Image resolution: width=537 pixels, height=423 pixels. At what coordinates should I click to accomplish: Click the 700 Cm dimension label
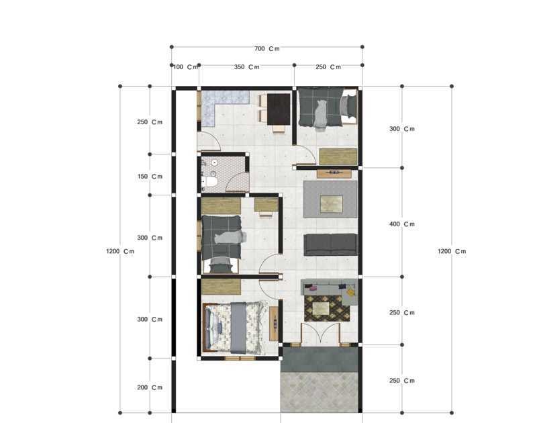(266, 48)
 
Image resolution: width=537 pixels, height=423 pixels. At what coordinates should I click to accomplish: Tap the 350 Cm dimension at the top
(246, 67)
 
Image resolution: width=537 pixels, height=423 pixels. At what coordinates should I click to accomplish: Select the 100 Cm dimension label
(185, 67)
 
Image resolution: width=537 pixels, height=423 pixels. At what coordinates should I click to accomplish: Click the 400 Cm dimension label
(402, 224)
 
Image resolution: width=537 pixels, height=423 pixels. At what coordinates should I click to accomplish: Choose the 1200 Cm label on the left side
(120, 251)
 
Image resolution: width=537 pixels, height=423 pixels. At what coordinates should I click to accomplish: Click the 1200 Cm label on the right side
(451, 251)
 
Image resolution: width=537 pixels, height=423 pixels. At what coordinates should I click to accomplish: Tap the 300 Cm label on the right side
(402, 129)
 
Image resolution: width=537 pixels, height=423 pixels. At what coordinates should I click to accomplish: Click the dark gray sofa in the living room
(330, 244)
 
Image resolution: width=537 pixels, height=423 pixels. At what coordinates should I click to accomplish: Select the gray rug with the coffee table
(330, 199)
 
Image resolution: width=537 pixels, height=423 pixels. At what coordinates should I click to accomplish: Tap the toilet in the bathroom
(209, 181)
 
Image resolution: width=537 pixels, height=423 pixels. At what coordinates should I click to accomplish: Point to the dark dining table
(278, 109)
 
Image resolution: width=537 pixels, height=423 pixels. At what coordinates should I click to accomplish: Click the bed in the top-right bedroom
(327, 107)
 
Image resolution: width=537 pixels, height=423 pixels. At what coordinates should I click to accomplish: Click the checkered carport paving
(320, 392)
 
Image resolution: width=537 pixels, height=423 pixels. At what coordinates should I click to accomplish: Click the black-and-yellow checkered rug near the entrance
(327, 308)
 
